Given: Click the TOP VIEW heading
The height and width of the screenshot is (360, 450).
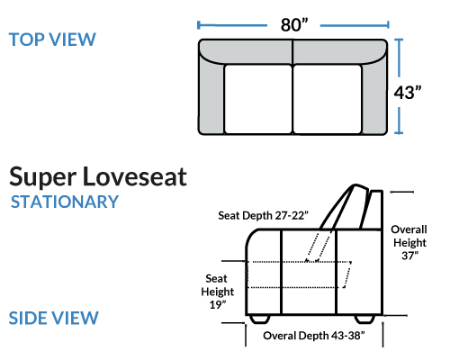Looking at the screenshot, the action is pos(52,40).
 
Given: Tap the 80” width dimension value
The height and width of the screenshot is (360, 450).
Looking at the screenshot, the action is pos(294,25).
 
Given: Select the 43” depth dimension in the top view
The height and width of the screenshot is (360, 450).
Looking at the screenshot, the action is pos(407,93).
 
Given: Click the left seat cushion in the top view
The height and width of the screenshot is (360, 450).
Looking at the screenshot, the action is pos(258,99).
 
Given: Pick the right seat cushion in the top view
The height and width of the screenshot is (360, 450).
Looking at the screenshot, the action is pos(328,99).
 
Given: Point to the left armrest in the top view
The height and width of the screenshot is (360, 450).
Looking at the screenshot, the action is pos(211,97).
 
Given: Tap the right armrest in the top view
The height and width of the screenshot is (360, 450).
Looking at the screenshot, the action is pos(374,97).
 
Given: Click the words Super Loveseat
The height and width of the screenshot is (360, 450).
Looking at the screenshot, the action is pos(98,177).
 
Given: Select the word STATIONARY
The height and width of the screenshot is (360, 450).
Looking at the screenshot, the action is pos(65,202).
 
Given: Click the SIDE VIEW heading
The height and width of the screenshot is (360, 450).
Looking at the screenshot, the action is pos(54,318).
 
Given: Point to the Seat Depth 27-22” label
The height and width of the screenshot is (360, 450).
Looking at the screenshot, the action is pos(263,215).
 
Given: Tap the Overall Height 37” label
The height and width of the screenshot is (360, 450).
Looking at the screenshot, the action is pos(409,242).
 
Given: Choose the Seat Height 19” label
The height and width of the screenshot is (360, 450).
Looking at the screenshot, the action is pos(217,292).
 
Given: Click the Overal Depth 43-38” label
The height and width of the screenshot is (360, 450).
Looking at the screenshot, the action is pos(314,336).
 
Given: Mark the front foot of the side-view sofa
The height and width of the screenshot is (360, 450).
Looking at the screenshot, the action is pos(260,319).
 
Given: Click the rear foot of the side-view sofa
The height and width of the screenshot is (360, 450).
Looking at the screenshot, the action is pos(364,319).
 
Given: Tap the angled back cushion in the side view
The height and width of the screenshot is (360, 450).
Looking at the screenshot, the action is pos(345,207).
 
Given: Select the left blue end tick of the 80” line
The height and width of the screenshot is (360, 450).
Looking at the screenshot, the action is pos(198,25).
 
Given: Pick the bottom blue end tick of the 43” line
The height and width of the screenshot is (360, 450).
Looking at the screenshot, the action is pos(399,132).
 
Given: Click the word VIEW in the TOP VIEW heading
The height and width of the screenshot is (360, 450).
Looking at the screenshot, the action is pos(72,40).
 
